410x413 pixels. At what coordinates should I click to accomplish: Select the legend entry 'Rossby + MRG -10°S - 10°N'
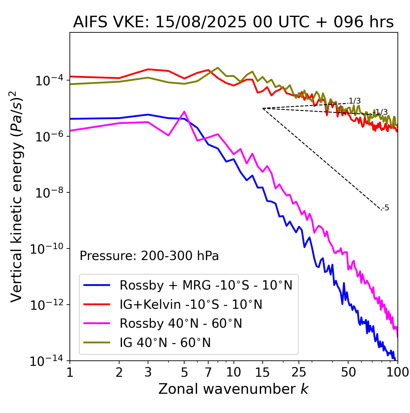(206, 285)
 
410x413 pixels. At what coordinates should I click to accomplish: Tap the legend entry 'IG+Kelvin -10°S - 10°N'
(191, 304)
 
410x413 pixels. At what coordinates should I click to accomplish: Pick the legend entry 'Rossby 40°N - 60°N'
(181, 324)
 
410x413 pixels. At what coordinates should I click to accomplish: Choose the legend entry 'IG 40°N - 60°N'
(165, 343)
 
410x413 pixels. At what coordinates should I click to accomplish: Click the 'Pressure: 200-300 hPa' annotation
(149, 256)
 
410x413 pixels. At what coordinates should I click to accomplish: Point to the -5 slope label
(386, 208)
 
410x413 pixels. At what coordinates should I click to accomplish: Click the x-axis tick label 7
(208, 372)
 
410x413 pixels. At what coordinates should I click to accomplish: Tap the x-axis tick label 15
(262, 372)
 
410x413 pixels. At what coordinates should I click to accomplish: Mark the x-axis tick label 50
(348, 372)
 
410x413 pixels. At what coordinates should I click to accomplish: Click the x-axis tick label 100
(397, 372)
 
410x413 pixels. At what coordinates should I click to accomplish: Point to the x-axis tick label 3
(148, 372)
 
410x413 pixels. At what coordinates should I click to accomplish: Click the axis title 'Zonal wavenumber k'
(233, 389)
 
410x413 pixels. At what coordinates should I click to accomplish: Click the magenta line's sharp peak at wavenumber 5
(184, 112)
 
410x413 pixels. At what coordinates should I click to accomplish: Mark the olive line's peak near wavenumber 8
(218, 68)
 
